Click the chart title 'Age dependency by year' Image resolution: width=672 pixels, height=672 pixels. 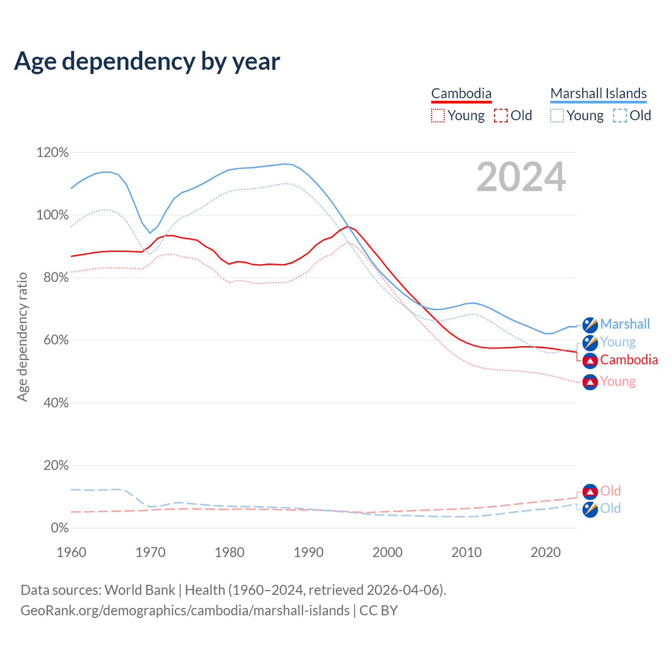[x=147, y=61]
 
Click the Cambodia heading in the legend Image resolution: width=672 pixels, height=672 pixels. [x=461, y=93]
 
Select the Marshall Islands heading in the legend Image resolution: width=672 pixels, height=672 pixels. [x=598, y=93]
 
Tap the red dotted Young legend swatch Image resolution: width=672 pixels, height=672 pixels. [x=438, y=115]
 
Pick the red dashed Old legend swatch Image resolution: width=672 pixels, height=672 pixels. [x=501, y=115]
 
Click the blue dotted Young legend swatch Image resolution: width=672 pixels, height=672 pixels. [x=557, y=115]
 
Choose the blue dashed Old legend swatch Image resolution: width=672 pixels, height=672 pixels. [x=620, y=115]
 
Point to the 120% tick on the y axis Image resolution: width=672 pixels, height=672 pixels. [x=52, y=152]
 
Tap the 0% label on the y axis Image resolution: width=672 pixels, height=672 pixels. [x=59, y=528]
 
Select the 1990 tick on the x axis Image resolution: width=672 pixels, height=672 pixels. [x=309, y=552]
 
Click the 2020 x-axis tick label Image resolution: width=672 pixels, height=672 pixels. [x=546, y=552]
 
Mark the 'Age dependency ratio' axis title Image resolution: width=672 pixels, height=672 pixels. [x=22, y=337]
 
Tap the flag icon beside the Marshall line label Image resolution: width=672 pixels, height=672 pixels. [x=590, y=325]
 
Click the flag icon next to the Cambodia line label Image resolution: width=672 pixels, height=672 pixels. [x=590, y=361]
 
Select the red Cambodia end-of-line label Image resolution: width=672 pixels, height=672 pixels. [x=629, y=360]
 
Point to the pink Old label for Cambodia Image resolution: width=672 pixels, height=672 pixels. [x=611, y=491]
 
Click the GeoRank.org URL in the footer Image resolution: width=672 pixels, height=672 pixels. [x=185, y=611]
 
